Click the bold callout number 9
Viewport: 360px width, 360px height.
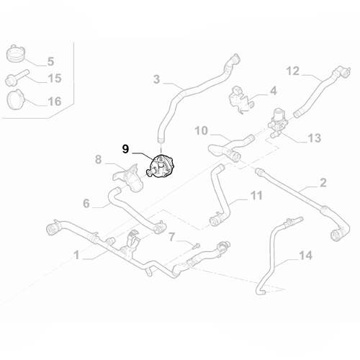(x=125, y=150)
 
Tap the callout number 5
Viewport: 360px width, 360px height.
(x=50, y=61)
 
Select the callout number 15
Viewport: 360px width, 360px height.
(x=54, y=78)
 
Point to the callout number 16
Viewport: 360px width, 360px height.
(x=54, y=101)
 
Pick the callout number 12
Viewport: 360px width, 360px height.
(x=292, y=71)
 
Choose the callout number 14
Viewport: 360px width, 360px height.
(x=305, y=255)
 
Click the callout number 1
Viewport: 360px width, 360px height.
(x=77, y=254)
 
